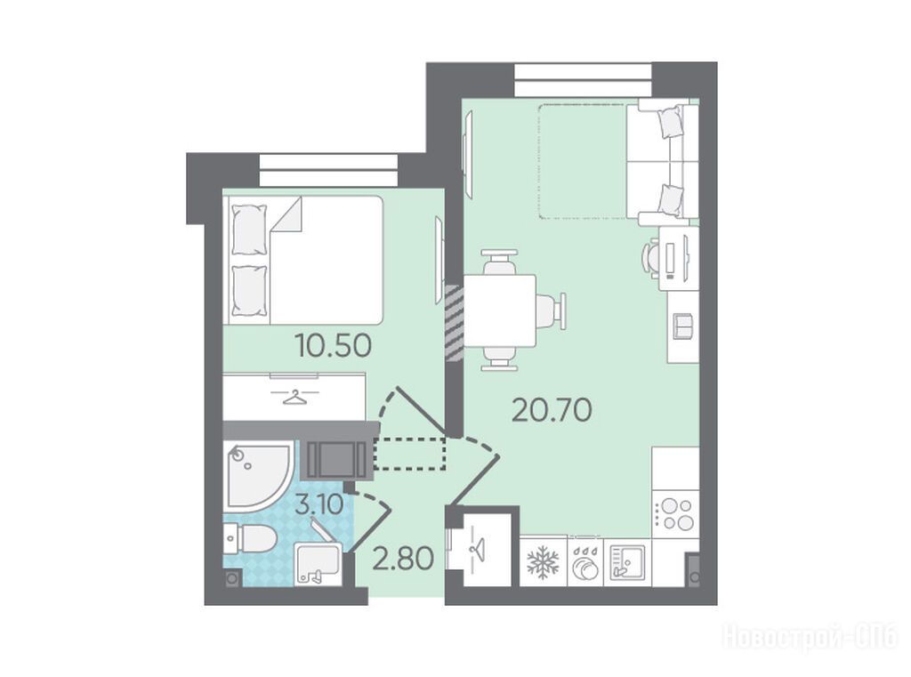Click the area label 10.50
(333, 346)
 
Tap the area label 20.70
(552, 411)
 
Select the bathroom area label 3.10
(319, 504)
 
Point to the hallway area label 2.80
(403, 559)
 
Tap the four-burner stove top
(675, 514)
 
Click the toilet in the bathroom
(249, 538)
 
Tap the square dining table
(500, 310)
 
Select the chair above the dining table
(499, 262)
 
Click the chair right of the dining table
(550, 310)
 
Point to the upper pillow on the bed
(249, 230)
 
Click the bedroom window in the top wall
(328, 169)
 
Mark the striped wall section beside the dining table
(455, 321)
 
